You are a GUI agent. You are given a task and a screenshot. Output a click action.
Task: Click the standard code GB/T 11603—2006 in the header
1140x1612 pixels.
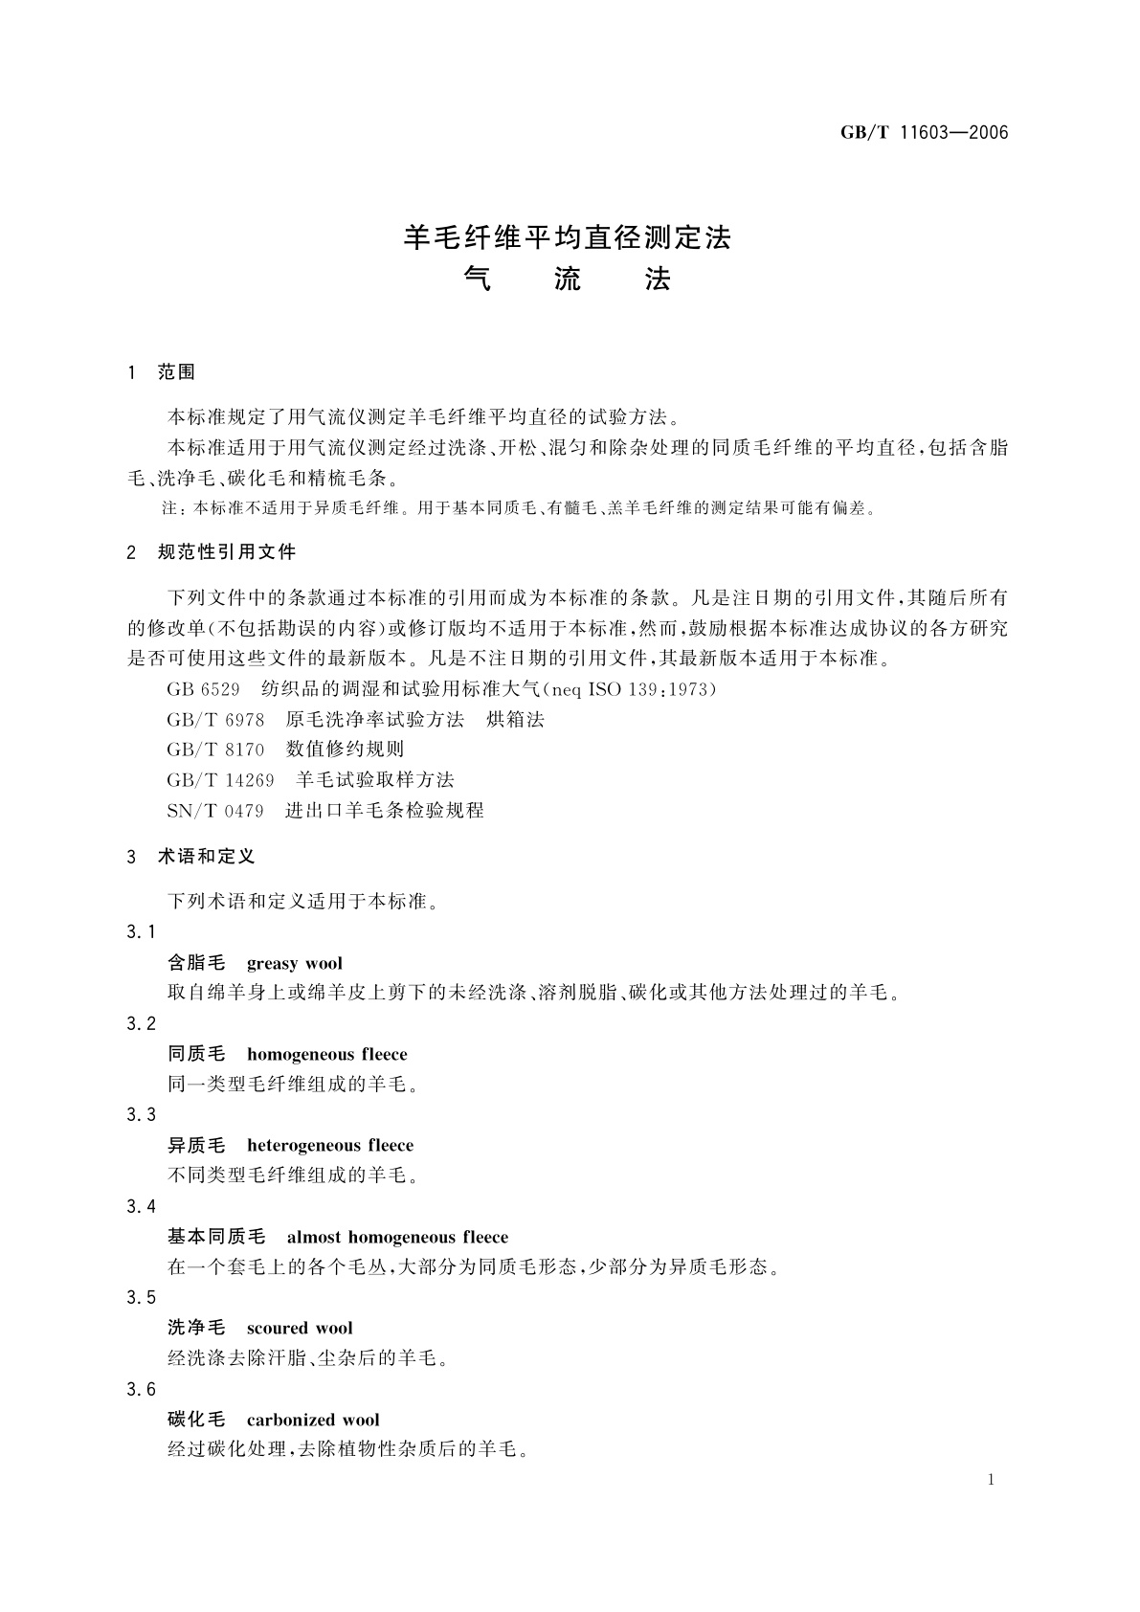click(924, 133)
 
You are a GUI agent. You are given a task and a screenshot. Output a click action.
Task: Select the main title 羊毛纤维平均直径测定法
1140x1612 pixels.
click(568, 237)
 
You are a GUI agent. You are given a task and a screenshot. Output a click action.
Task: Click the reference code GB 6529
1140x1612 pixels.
click(203, 689)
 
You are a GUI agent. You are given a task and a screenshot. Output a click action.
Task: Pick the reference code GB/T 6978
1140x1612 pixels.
click(215, 720)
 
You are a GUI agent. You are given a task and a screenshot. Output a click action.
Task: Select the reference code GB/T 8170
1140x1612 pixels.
click(215, 750)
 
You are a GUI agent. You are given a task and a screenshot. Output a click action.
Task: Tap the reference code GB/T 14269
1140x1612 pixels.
click(220, 780)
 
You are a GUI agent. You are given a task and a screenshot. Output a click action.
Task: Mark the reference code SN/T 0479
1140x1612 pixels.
click(215, 811)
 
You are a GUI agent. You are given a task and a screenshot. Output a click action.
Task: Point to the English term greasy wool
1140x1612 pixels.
click(295, 964)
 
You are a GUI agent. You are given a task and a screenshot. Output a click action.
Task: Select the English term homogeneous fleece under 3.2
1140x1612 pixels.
click(327, 1055)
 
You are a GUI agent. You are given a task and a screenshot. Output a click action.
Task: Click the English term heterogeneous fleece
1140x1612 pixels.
click(330, 1146)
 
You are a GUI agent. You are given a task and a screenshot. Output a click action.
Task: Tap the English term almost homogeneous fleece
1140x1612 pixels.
click(397, 1238)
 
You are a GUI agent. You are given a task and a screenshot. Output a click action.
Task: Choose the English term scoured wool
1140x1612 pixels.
click(300, 1329)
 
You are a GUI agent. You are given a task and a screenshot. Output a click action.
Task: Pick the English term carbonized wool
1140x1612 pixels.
click(313, 1421)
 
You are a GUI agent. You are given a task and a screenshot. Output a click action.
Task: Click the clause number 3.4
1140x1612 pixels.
click(141, 1207)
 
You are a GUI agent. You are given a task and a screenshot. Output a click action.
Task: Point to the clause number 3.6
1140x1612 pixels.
click(141, 1390)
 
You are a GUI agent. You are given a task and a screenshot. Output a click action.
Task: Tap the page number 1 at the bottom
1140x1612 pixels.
click(991, 1480)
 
